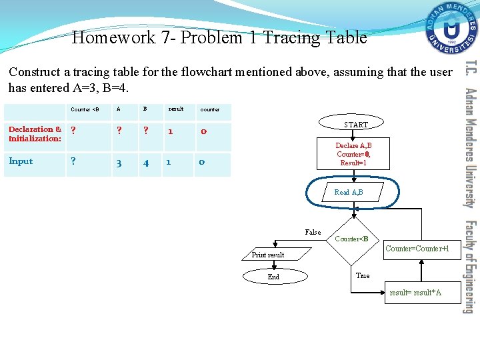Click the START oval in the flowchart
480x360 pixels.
(355, 125)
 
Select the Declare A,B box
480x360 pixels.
(353, 154)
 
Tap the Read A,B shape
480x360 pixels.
(349, 192)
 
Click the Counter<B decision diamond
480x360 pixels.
(351, 239)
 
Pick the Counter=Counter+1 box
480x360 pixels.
(422, 249)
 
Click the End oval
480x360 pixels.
(273, 277)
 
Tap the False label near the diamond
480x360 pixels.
(313, 232)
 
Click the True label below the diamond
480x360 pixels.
(363, 275)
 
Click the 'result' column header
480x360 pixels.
(176, 109)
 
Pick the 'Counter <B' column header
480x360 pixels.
(85, 109)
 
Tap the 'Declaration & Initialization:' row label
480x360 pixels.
(35, 134)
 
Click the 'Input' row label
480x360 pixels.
(21, 161)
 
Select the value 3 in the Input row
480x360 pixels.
(119, 163)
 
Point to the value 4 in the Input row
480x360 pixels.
(145, 163)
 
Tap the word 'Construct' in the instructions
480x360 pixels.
(33, 72)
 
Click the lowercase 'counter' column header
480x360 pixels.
(210, 109)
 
